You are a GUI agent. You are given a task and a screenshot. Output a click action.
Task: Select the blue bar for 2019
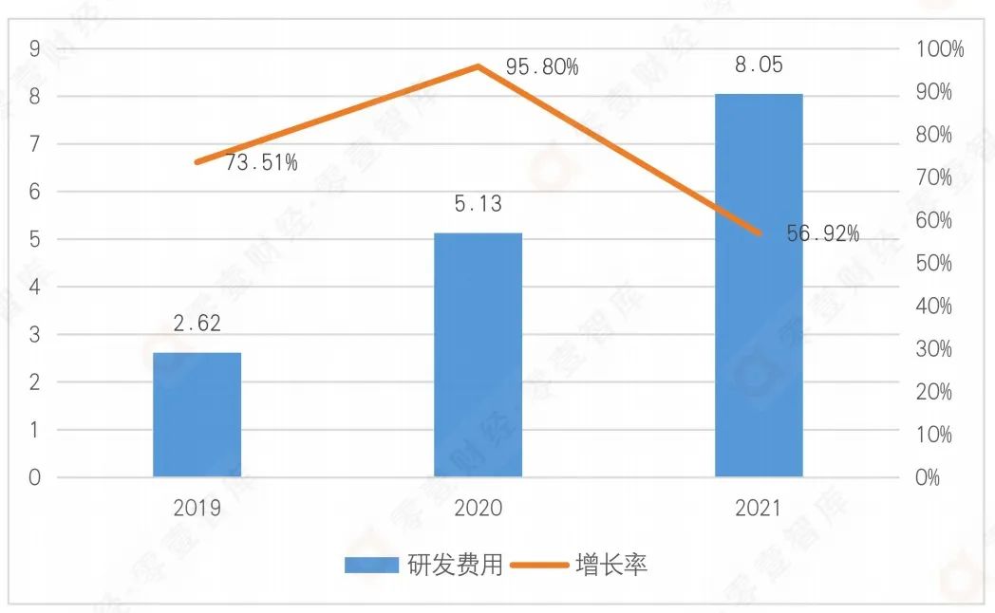(x=197, y=415)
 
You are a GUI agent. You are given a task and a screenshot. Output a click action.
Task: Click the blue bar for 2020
(x=478, y=355)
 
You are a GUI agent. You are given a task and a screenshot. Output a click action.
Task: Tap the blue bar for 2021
(x=759, y=285)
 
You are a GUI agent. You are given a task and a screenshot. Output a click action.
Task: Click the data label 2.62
(x=197, y=324)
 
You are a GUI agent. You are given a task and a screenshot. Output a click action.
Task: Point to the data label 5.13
(x=478, y=204)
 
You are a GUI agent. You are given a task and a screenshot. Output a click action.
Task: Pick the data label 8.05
(x=759, y=65)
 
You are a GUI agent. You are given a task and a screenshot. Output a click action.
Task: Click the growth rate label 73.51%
(x=261, y=162)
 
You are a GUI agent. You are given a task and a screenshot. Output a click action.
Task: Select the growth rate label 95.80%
(x=542, y=67)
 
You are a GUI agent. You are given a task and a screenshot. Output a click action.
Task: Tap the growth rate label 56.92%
(x=822, y=233)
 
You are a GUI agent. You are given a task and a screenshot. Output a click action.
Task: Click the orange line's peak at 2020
(x=479, y=66)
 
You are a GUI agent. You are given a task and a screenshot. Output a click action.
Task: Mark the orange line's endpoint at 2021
(x=759, y=233)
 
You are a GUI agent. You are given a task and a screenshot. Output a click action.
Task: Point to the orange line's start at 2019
(x=197, y=162)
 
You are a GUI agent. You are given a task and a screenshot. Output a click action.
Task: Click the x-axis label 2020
(x=478, y=509)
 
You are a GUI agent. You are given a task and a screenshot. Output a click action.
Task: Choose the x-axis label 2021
(x=759, y=509)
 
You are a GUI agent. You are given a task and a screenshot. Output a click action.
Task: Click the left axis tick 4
(x=34, y=288)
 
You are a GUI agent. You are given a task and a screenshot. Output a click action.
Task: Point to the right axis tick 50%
(x=933, y=264)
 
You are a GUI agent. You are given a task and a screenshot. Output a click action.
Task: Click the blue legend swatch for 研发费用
(x=370, y=566)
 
